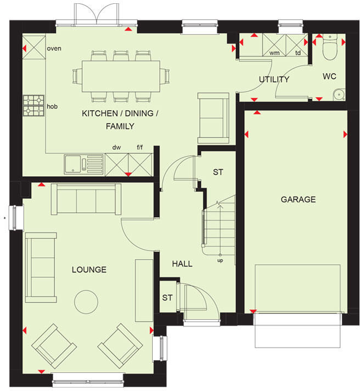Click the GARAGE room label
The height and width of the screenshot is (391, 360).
(x=298, y=199)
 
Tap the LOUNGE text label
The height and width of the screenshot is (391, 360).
(x=89, y=270)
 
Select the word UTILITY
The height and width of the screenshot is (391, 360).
(x=274, y=79)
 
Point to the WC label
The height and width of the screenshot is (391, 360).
(x=329, y=76)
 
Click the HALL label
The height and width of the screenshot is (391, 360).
(x=182, y=264)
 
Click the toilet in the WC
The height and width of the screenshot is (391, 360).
(x=329, y=49)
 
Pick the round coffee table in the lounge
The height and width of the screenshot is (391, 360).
(x=86, y=300)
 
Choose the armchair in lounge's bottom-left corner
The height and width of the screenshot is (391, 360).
(x=54, y=345)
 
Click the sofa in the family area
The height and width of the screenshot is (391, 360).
(x=213, y=118)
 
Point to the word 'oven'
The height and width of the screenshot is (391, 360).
(x=54, y=48)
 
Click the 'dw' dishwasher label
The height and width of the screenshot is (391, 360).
(x=116, y=147)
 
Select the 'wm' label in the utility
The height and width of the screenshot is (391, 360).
(x=274, y=53)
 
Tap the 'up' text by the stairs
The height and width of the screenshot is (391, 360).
(x=220, y=261)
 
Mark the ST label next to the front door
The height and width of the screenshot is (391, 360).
(x=167, y=298)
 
